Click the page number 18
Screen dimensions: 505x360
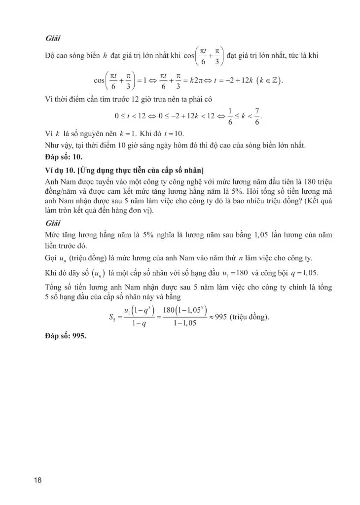coord(37,480)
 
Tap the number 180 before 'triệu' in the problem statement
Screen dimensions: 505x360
coord(298,180)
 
